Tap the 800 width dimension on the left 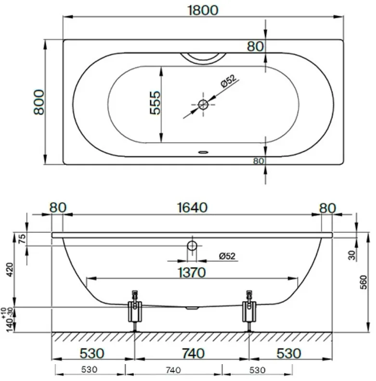point(39,102)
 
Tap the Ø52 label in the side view point(227,256)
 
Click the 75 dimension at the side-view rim point(21,238)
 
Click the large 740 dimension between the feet point(192,353)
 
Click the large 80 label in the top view point(256,46)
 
